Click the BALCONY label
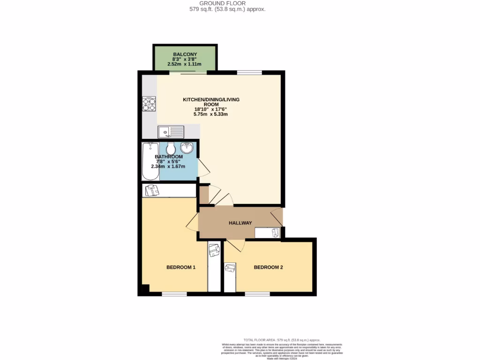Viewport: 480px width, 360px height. point(184,54)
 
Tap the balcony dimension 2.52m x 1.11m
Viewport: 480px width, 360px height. point(184,64)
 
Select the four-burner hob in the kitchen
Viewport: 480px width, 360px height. point(149,104)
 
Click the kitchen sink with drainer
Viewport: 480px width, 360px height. point(171,132)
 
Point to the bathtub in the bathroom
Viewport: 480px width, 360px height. point(150,162)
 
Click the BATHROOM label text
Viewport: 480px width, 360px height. point(169,157)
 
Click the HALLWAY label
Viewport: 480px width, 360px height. point(240,223)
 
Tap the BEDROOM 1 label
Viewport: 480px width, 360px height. point(180,268)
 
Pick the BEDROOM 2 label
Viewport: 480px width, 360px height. point(268,268)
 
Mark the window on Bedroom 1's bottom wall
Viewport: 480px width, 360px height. point(174,294)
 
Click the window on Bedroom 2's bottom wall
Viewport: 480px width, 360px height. point(257,294)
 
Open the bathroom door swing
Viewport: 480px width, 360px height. point(203,167)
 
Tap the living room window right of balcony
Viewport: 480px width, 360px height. point(249,73)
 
